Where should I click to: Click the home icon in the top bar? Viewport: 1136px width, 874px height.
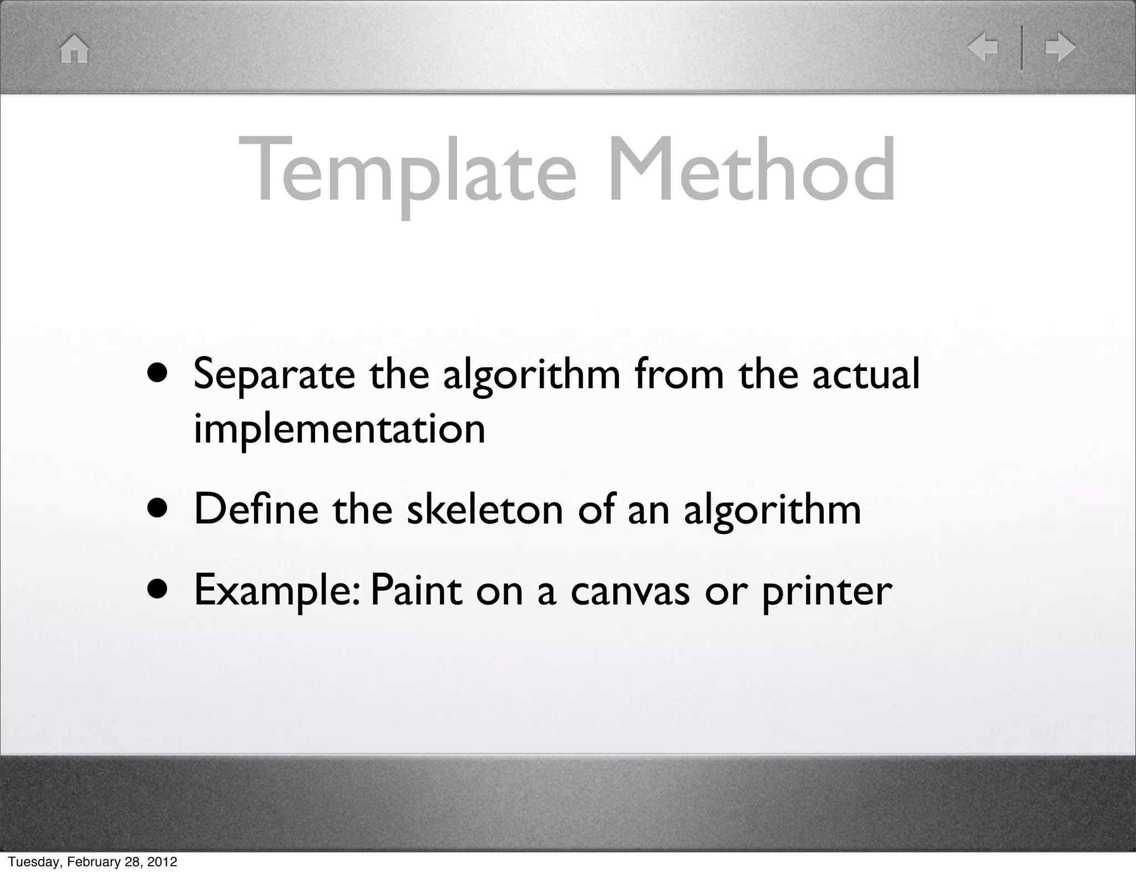[74, 49]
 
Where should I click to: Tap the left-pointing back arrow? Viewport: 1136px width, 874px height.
[982, 47]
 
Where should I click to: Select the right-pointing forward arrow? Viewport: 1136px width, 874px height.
[1060, 47]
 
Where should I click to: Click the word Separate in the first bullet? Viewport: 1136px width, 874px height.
[274, 375]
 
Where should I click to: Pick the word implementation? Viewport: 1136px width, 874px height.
[339, 429]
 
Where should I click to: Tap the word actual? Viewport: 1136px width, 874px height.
[866, 374]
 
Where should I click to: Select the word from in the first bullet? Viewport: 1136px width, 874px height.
[679, 374]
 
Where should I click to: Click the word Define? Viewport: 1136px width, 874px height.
[256, 509]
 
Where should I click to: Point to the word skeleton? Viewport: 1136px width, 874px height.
[485, 509]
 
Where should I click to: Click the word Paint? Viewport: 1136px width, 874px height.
[416, 590]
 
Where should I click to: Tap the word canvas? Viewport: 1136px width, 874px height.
[630, 591]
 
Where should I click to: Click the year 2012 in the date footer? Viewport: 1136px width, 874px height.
[163, 862]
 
